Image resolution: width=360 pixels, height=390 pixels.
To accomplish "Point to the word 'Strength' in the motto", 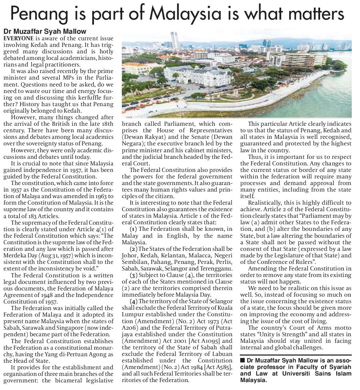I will tap(292, 334).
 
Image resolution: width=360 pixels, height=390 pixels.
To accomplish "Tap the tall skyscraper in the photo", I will tap(174, 40).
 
